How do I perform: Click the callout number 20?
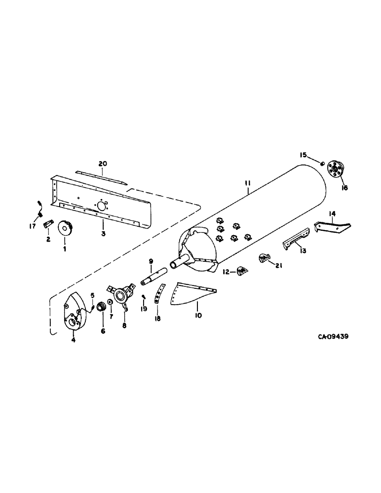click(102, 164)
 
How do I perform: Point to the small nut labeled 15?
click(321, 163)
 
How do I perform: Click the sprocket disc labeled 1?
click(65, 229)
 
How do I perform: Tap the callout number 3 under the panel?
click(103, 234)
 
